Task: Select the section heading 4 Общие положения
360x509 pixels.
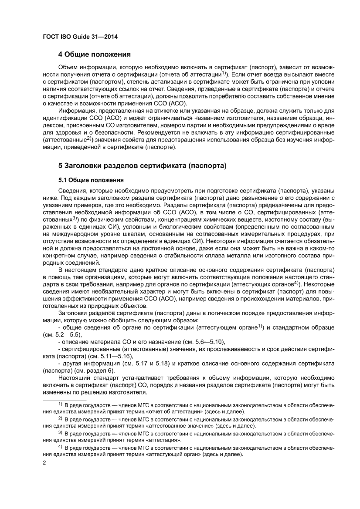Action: (95, 54)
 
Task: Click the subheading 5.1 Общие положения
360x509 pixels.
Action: (91, 179)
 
